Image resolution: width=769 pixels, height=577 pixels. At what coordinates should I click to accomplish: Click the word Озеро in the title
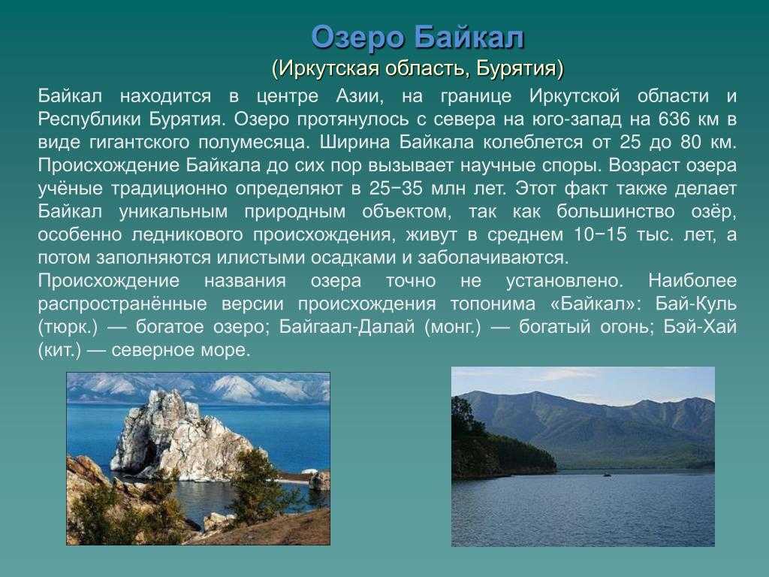click(x=358, y=38)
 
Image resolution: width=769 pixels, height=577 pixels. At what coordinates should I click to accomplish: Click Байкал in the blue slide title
click(x=470, y=38)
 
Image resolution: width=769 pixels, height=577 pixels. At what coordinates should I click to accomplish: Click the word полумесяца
click(x=255, y=142)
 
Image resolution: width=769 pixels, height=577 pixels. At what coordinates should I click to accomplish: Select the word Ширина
click(x=355, y=142)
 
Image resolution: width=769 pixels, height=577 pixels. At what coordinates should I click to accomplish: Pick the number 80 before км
click(x=691, y=142)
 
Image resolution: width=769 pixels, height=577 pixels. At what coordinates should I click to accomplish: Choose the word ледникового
click(x=187, y=234)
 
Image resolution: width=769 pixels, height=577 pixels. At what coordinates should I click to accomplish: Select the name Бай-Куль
click(x=696, y=304)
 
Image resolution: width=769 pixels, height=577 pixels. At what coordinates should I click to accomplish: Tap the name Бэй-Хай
click(x=700, y=327)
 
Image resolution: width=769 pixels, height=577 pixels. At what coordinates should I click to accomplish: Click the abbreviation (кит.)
click(x=59, y=350)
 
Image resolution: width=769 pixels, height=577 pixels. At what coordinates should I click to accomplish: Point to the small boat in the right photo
click(x=607, y=475)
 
